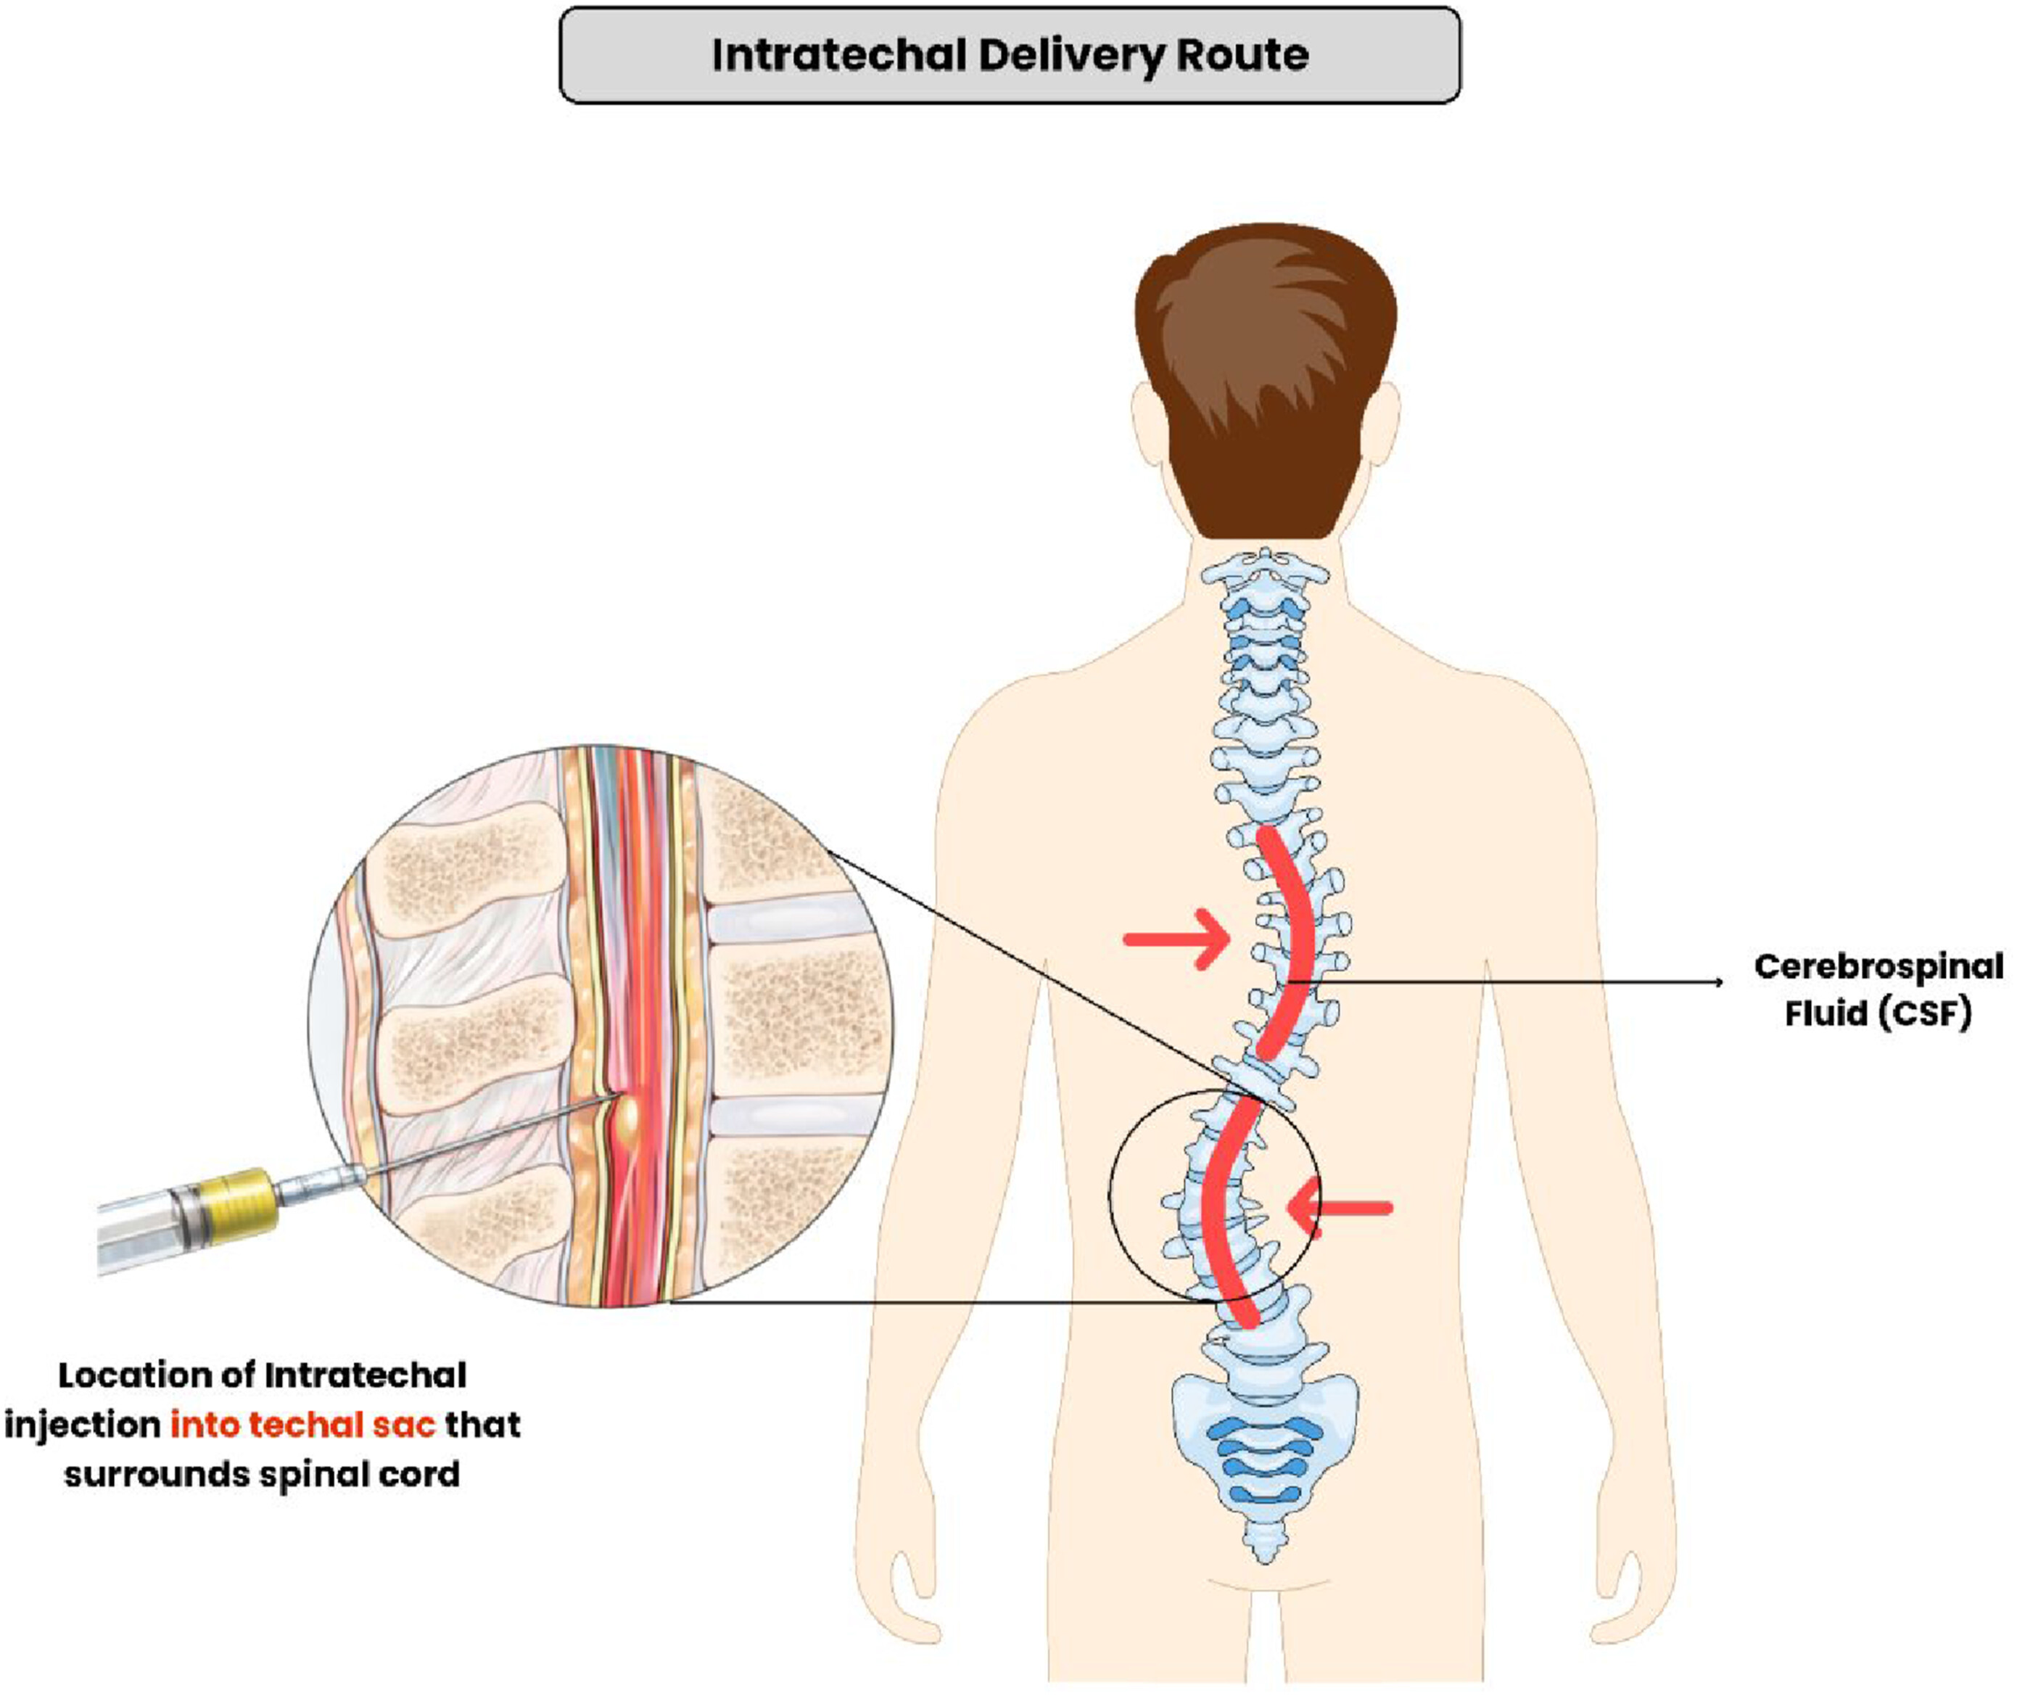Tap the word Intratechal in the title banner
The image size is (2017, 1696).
(x=838, y=55)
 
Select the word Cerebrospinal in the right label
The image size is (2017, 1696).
(x=1878, y=966)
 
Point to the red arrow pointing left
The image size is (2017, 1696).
(x=1339, y=1209)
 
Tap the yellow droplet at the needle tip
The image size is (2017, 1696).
(x=630, y=1115)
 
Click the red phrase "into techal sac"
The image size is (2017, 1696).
(x=303, y=1424)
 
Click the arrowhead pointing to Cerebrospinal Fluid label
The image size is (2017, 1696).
(x=1718, y=981)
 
